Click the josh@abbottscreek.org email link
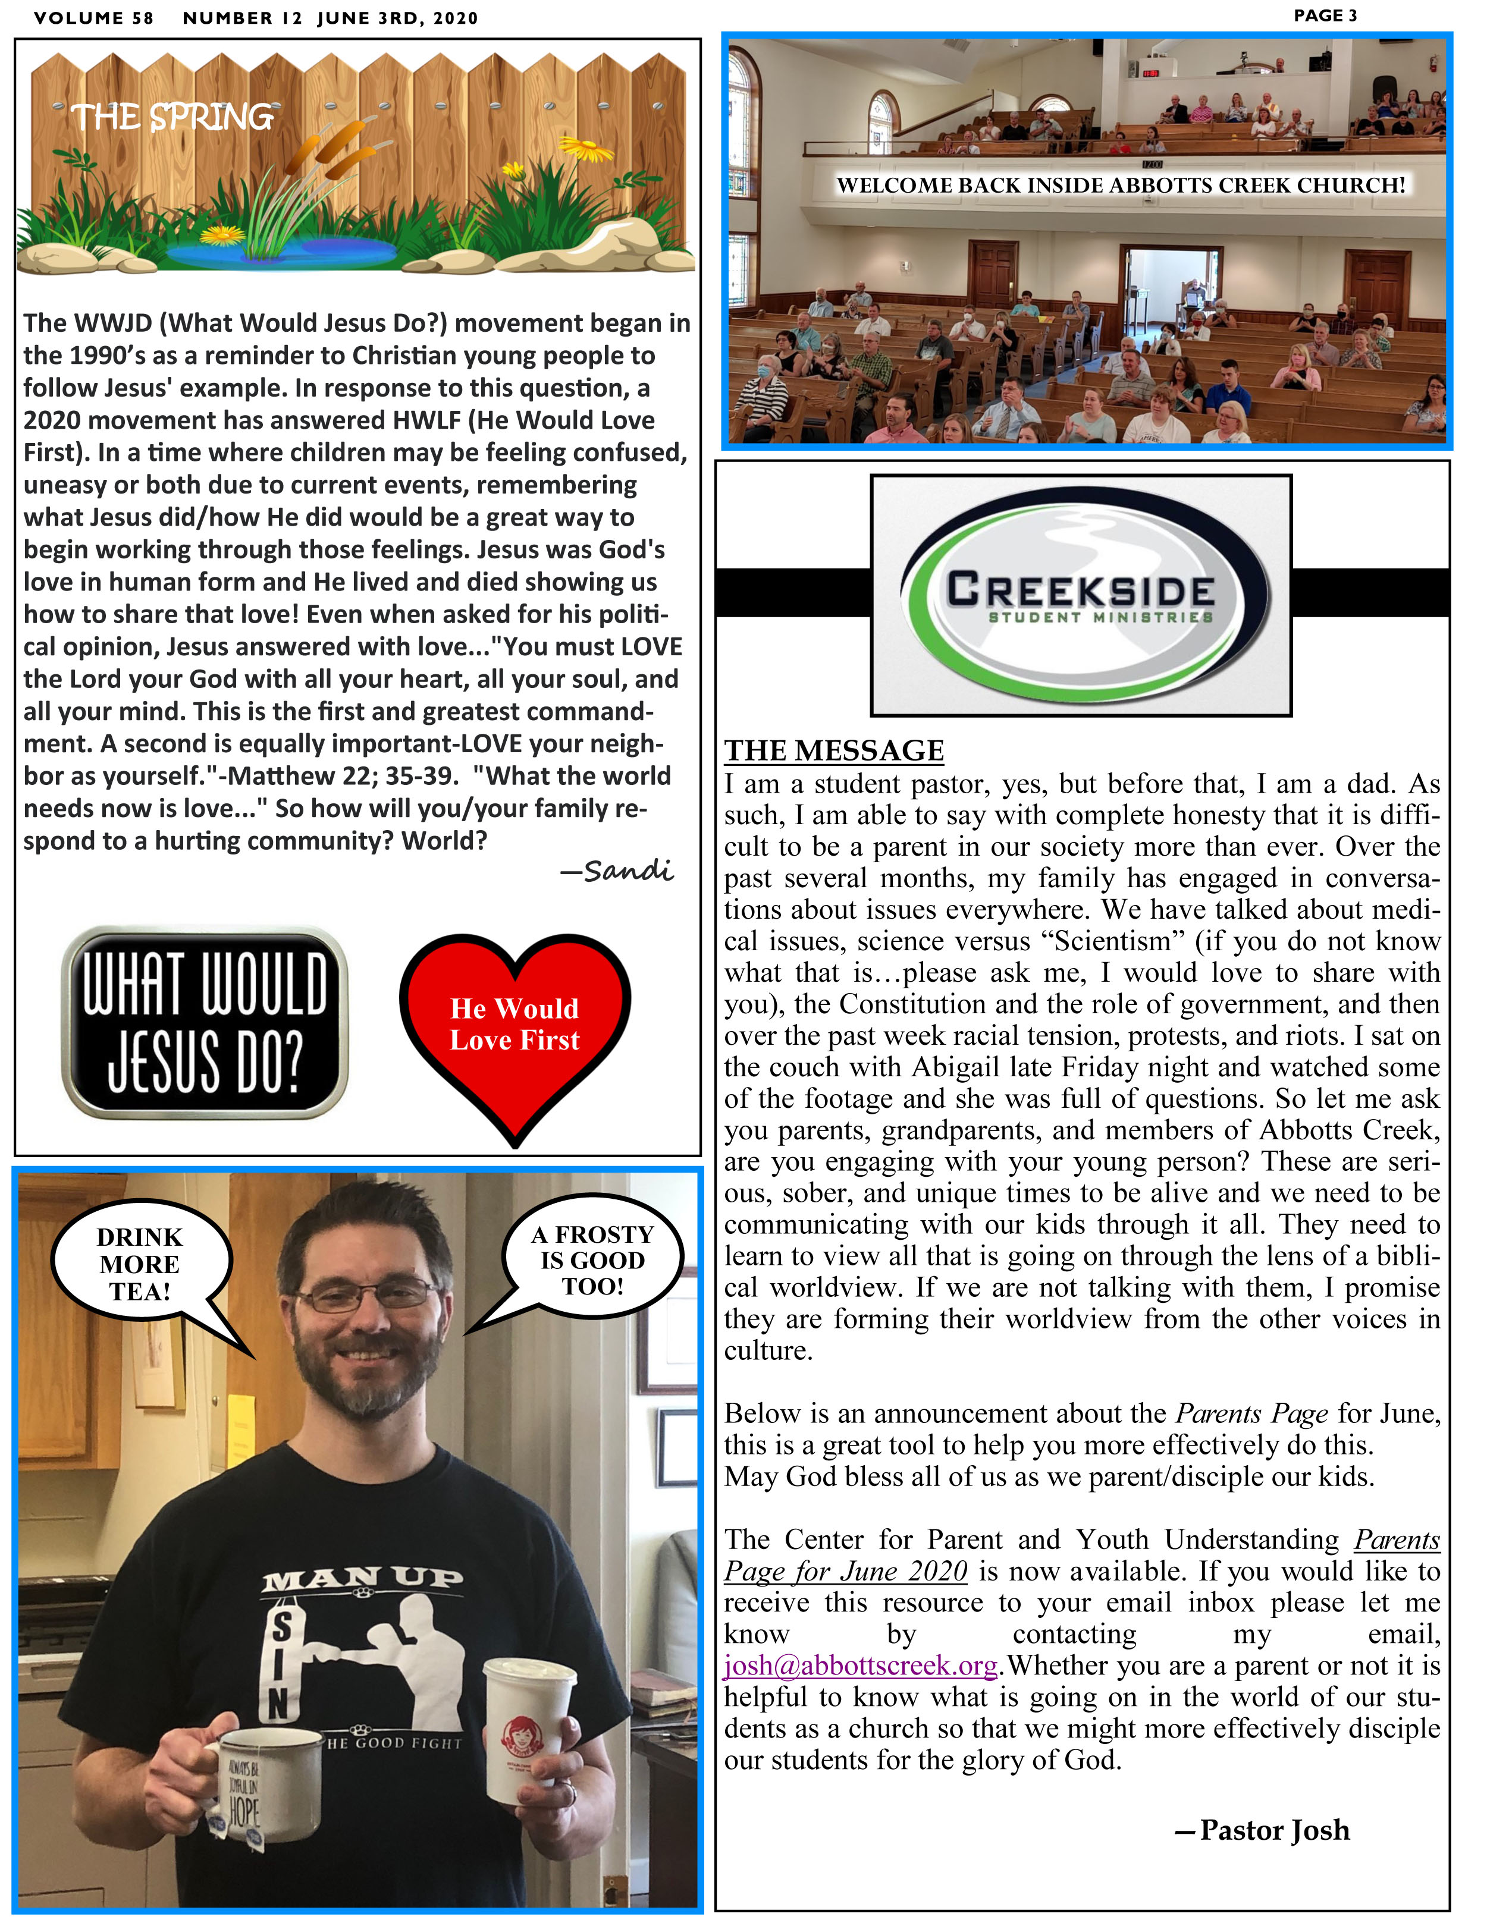[860, 1665]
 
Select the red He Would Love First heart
[515, 1028]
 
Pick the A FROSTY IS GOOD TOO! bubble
[592, 1259]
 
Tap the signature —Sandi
[617, 871]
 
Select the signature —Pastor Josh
[1262, 1830]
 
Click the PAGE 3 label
[1325, 16]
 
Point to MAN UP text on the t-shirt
[362, 1579]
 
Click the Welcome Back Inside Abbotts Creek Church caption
[1120, 185]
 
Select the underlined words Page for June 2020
[845, 1570]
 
